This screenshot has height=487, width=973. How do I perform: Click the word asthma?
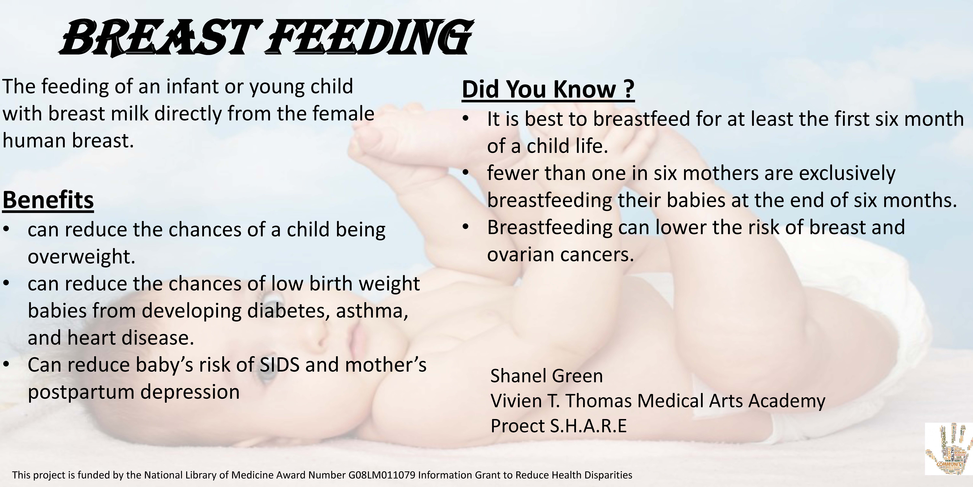click(x=372, y=311)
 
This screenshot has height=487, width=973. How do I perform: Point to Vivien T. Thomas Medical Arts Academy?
click(x=658, y=401)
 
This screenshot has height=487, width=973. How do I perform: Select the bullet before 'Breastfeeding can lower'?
click(x=466, y=227)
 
